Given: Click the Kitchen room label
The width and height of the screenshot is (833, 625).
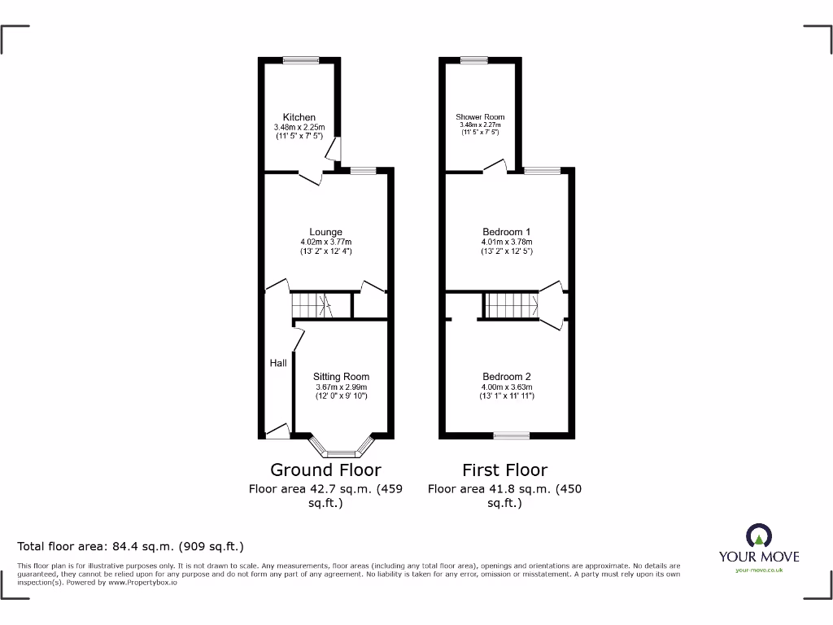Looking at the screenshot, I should click(299, 117).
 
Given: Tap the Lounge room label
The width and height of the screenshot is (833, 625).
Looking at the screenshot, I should click(325, 232).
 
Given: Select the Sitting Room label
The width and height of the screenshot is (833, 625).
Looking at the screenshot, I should click(341, 377).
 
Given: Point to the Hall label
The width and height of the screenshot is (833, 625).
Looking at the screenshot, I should click(278, 363).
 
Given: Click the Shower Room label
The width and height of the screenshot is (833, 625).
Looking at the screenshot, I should click(480, 117).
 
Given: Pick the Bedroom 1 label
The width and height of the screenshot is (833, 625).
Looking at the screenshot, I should click(507, 232).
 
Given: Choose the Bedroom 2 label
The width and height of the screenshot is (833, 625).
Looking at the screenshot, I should click(507, 376).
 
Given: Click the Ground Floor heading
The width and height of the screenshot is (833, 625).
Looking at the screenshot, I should click(325, 470).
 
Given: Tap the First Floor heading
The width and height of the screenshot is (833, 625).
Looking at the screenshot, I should click(504, 470).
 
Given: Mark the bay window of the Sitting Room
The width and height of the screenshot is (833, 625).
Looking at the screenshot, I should click(342, 450).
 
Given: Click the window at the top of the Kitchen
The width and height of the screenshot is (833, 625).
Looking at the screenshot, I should click(301, 59).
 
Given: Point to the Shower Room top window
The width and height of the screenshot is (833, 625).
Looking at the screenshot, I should click(473, 59).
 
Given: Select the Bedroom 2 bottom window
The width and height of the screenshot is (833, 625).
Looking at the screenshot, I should click(511, 436).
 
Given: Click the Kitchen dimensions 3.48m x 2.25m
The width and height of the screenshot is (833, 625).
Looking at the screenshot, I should click(299, 128).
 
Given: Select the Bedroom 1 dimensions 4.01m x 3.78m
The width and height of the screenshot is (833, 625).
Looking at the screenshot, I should click(507, 242).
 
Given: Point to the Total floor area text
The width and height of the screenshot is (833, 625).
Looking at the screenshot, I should click(131, 546).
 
